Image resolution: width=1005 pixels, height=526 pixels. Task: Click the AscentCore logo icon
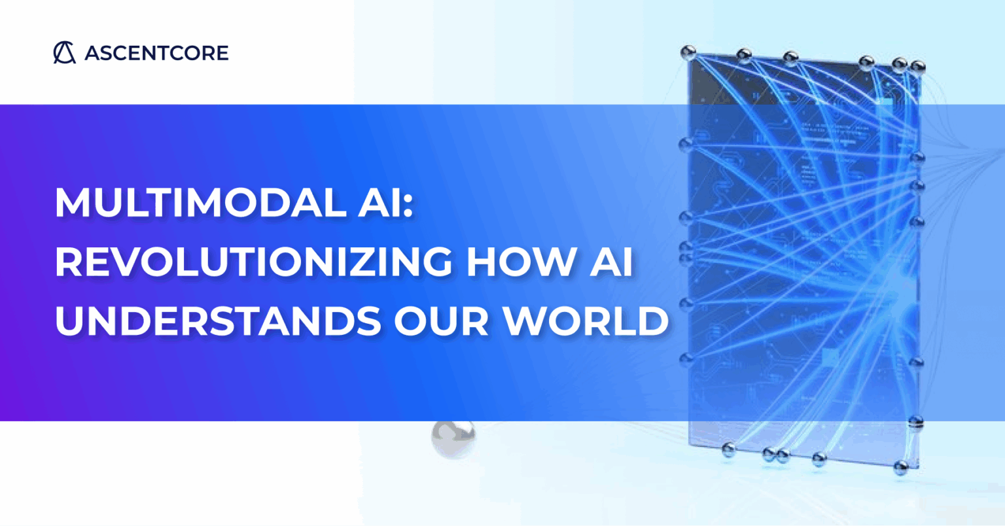pyautogui.click(x=64, y=52)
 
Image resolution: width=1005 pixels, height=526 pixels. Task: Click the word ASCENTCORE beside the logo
pyautogui.click(x=156, y=53)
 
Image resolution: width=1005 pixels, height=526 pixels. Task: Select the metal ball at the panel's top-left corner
pyautogui.click(x=687, y=52)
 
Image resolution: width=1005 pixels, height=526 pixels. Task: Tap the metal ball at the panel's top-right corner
pyautogui.click(x=917, y=66)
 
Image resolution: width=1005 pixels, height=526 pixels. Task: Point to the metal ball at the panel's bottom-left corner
pyautogui.click(x=727, y=449)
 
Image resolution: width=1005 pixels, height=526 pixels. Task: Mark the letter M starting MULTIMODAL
pyautogui.click(x=71, y=203)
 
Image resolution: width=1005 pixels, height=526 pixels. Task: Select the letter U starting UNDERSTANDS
pyautogui.click(x=68, y=321)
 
